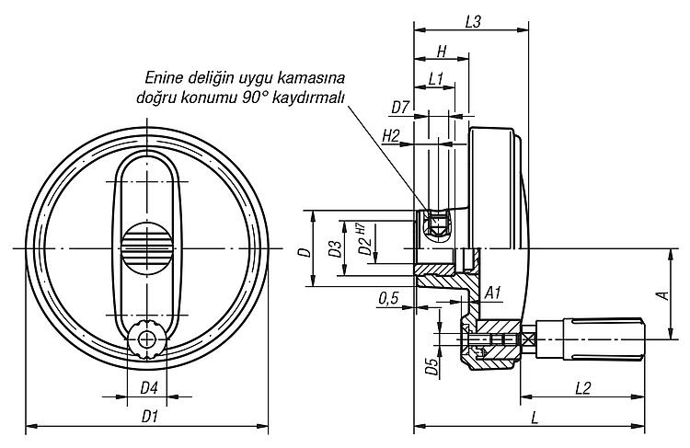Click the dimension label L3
tap(473, 22)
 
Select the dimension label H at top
tap(442, 52)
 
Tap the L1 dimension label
tap(435, 79)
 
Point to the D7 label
tap(400, 108)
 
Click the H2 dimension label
tap(391, 136)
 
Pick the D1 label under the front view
tap(150, 417)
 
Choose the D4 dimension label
tap(149, 388)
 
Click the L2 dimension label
tap(582, 388)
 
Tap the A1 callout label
tap(493, 293)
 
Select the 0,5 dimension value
tap(388, 299)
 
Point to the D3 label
tap(335, 248)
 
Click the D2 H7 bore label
tap(363, 239)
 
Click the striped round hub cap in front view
tap(146, 248)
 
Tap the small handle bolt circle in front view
tap(146, 339)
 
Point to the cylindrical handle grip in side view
tap(604, 339)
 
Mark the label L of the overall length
tap(535, 418)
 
